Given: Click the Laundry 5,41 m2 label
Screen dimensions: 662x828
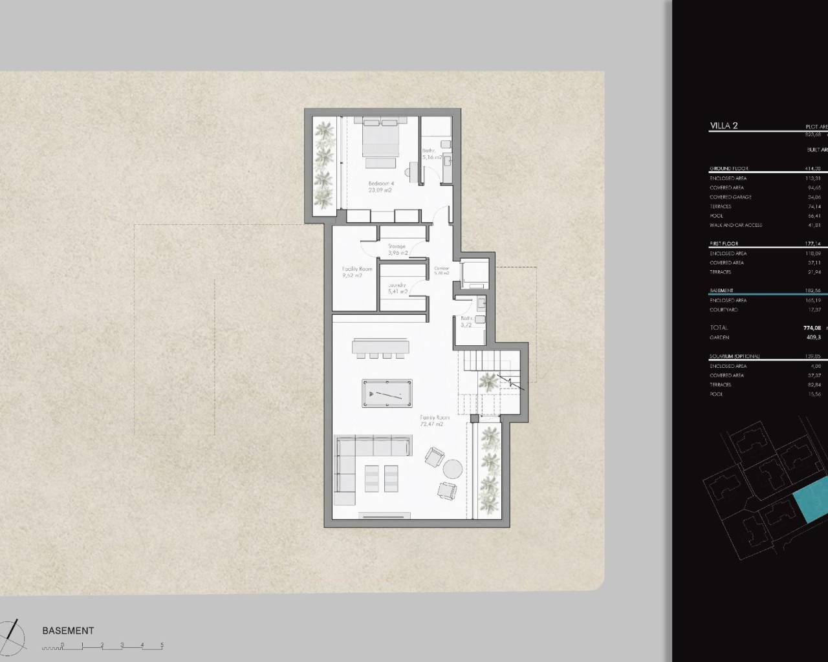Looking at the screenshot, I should coord(397,288).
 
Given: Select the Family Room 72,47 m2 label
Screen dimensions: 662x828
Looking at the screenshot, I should coord(434,421).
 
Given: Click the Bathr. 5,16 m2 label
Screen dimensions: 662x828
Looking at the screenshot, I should coord(431,154).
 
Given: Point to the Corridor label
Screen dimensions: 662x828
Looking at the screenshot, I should coord(442,270).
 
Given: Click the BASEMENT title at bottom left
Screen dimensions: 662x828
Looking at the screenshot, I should coord(68,630).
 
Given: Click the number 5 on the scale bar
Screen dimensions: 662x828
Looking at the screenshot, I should coord(162,645).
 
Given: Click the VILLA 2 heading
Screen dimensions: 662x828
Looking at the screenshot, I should coord(724,125).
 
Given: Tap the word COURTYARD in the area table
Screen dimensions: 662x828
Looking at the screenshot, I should coord(724,310).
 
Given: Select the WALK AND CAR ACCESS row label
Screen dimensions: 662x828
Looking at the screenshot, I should coord(735,225).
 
